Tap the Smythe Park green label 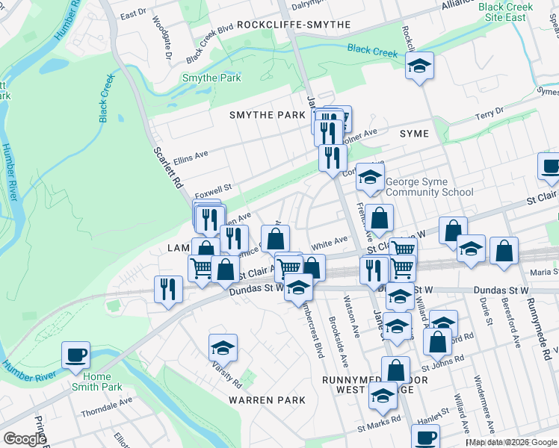[x=211, y=78]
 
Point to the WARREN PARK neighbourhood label [x=267, y=400]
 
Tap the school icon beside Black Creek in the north [x=420, y=66]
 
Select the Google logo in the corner [x=25, y=439]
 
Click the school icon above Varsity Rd [x=223, y=347]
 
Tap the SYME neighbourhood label [x=414, y=134]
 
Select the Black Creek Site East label [x=507, y=11]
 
